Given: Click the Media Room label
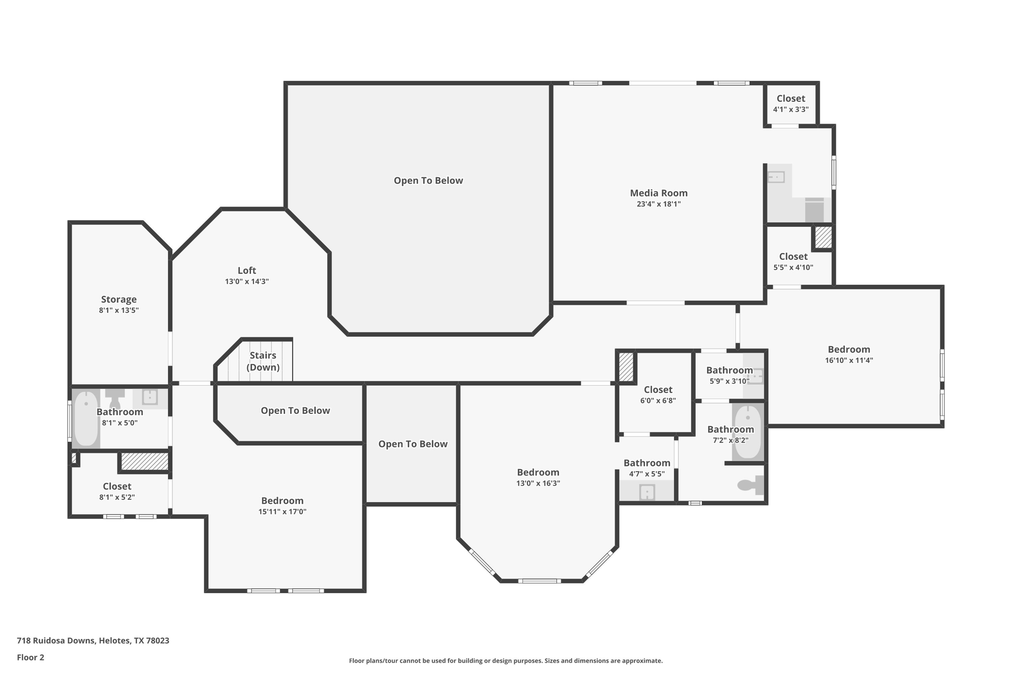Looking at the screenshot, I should click(658, 193).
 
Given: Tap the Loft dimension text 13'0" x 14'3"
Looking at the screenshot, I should click(247, 281).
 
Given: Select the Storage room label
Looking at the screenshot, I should click(119, 299).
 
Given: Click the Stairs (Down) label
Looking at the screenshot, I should click(263, 361).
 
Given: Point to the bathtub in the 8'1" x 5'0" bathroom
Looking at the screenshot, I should click(86, 418).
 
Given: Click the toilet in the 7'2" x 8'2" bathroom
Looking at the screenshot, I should click(749, 485).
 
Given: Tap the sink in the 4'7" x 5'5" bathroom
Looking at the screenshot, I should click(647, 492).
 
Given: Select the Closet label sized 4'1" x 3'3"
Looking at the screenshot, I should click(791, 98).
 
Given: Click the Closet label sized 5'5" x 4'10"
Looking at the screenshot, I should click(793, 256).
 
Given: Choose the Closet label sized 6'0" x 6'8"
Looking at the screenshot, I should click(658, 390).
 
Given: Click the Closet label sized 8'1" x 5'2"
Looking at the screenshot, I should click(117, 486).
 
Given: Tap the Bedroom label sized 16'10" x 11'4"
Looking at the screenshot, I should click(848, 349).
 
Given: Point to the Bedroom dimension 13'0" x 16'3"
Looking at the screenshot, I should click(538, 483).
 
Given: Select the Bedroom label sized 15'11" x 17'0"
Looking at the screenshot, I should click(282, 501).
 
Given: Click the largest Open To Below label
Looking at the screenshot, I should click(428, 181).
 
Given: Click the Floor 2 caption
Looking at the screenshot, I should click(31, 657).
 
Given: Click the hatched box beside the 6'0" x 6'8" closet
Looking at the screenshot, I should click(626, 366).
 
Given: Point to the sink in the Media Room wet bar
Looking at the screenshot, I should click(776, 177).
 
